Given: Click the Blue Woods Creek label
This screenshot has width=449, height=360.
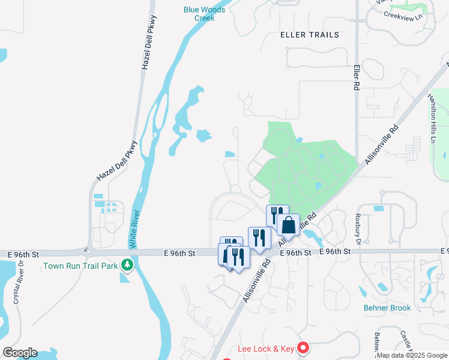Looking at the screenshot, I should click(204, 14).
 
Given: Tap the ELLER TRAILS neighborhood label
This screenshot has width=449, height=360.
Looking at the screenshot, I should click(310, 35).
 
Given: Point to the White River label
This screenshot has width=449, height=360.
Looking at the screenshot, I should click(134, 229).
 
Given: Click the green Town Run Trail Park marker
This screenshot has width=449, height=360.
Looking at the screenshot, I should click(127, 265).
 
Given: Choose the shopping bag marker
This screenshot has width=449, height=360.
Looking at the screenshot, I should click(288, 226).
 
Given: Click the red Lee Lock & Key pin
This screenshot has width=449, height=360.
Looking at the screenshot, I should click(304, 348).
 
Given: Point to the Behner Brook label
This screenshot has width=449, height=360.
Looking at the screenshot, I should click(387, 308).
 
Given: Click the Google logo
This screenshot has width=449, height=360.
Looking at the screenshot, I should click(20, 353).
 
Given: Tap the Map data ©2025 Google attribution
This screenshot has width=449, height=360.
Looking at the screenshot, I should click(412, 355).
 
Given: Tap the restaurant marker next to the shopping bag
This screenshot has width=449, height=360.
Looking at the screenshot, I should click(277, 215).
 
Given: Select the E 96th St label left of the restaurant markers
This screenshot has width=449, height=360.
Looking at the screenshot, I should click(179, 254).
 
